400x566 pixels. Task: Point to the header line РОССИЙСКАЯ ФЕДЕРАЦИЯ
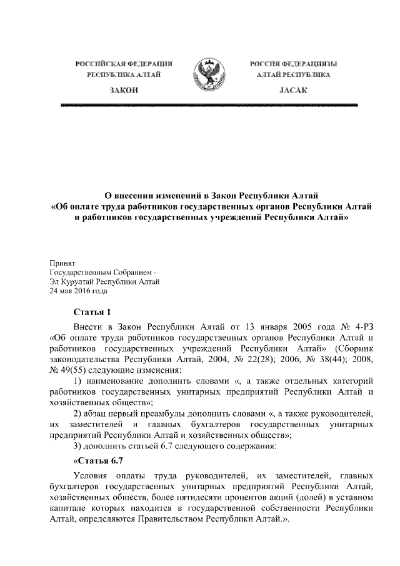coord(124,64)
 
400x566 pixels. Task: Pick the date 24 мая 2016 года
coord(79,291)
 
